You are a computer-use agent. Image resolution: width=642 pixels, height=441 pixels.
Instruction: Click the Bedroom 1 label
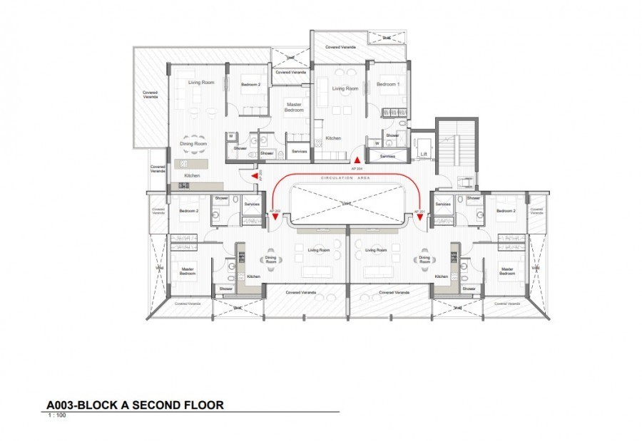[388, 85]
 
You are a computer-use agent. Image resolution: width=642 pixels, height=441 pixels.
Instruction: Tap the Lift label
[424, 155]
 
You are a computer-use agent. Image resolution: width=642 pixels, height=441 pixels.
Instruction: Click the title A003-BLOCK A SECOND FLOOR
[135, 405]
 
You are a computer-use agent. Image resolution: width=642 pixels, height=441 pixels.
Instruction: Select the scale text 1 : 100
[56, 415]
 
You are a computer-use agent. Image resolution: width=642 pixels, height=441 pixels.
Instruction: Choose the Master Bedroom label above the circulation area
[294, 107]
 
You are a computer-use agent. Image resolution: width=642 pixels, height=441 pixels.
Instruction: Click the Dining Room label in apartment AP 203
[193, 144]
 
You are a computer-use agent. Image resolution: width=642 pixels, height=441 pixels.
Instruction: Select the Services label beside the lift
[387, 156]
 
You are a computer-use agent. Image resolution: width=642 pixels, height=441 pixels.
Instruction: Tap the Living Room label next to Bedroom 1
[345, 88]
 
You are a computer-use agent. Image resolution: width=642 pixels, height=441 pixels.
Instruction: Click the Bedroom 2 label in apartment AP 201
[505, 211]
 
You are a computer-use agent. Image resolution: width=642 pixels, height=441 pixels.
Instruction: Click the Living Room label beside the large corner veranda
[201, 83]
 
